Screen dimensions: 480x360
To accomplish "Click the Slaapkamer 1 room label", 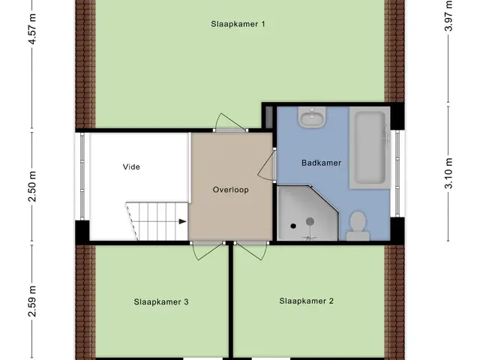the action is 238,24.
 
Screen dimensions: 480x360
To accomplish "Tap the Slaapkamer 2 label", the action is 307,301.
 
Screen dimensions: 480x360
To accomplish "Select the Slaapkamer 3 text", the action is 161,301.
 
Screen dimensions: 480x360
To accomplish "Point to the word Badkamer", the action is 322,163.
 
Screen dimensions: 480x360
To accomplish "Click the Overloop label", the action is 230,190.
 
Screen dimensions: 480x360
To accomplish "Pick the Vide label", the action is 131,166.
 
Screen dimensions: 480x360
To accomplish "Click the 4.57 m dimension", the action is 32,29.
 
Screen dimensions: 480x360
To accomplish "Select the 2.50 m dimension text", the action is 32,187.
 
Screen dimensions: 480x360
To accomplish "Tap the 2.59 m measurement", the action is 32,301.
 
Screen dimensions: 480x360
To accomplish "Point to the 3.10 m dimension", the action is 448,173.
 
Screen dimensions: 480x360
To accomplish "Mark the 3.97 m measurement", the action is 448,15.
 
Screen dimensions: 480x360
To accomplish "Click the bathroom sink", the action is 312,117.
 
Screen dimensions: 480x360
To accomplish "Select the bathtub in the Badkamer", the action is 370,148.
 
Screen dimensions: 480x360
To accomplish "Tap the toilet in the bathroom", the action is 358,226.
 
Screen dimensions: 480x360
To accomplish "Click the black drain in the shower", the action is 293,226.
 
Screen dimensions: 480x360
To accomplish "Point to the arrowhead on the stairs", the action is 183,221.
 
